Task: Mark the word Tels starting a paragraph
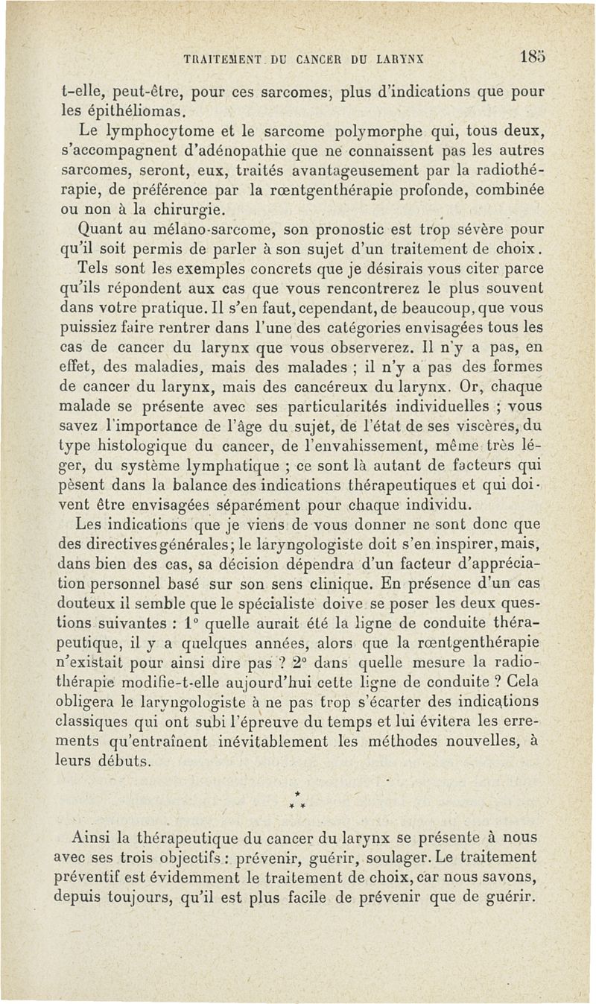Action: click(x=93, y=268)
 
